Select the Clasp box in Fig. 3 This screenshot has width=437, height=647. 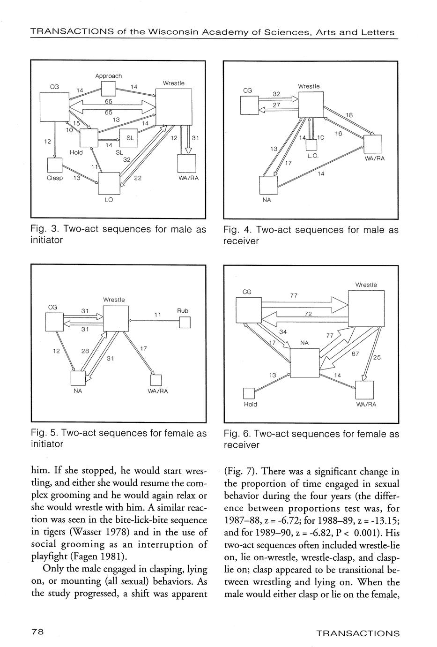point(55,166)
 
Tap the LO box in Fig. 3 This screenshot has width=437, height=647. point(109,183)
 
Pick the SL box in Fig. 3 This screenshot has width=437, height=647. point(129,137)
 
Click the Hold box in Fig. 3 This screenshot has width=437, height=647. point(88,138)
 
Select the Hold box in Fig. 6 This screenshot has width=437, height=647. point(250,393)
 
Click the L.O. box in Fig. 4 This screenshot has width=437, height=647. point(311,146)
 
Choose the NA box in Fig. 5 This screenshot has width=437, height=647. point(78,378)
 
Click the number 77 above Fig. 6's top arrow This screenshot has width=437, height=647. point(294,295)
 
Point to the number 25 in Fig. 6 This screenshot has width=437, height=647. point(377,358)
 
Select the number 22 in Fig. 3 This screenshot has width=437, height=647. point(138,178)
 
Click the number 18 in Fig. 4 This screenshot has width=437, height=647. point(349,115)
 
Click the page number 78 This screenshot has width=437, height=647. point(37,632)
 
